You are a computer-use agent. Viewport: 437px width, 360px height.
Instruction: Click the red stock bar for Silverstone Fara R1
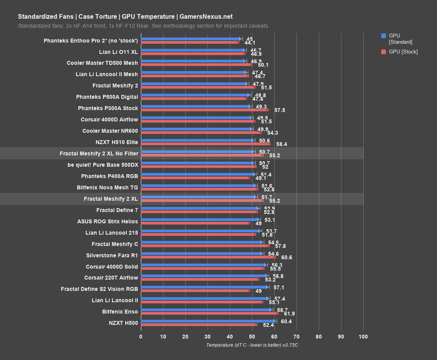pyautogui.click(x=208, y=257)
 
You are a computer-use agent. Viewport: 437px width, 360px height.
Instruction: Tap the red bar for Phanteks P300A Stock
pyautogui.click(x=204, y=110)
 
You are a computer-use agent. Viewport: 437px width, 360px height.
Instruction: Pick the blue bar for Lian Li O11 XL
pyautogui.click(x=193, y=50)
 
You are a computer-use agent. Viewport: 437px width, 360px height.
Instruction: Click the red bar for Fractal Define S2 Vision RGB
pyautogui.click(x=195, y=290)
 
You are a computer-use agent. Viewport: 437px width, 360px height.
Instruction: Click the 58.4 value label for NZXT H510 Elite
pyautogui.click(x=281, y=144)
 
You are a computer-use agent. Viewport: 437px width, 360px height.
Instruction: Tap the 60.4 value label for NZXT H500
pyautogui.click(x=286, y=321)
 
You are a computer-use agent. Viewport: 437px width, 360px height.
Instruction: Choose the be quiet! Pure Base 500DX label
pyautogui.click(x=103, y=165)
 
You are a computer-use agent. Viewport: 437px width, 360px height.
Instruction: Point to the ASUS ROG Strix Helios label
pyautogui.click(x=107, y=221)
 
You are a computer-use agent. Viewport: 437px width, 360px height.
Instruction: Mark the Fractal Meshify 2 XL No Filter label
pyautogui.click(x=99, y=153)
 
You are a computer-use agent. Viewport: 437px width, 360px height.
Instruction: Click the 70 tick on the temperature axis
pyautogui.click(x=297, y=336)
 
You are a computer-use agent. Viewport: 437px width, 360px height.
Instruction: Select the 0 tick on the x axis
pyautogui.click(x=141, y=336)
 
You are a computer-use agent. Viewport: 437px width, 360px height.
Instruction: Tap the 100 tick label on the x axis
pyautogui.click(x=363, y=336)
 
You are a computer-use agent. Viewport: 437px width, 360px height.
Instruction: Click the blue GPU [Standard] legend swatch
pyautogui.click(x=383, y=36)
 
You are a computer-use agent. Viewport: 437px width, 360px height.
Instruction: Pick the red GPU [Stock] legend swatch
pyautogui.click(x=383, y=52)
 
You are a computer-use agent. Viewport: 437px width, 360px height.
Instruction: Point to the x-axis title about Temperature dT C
pyautogui.click(x=252, y=345)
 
